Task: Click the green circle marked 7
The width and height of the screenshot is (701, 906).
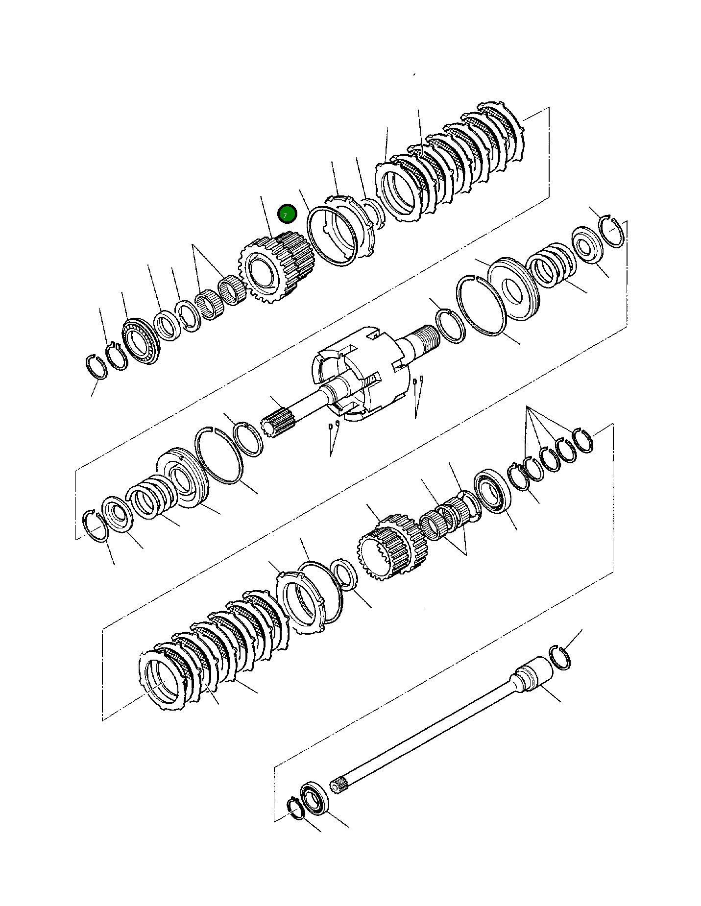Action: tap(287, 214)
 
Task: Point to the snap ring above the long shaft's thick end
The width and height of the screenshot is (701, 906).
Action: tap(560, 657)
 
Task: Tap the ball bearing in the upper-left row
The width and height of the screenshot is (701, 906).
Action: tap(141, 341)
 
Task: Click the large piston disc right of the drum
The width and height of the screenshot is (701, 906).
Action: tap(513, 289)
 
